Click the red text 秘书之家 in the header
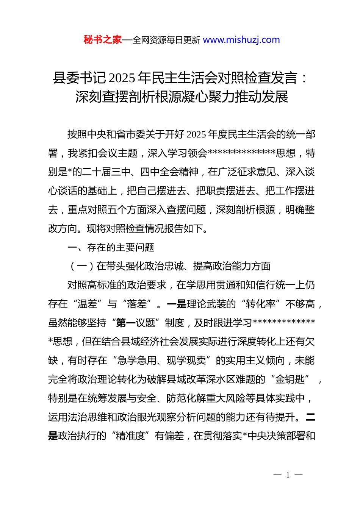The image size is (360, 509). pos(102,40)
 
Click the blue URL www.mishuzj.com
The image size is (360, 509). pos(241,40)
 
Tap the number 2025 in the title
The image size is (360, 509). pos(122,78)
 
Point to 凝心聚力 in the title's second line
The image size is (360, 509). pos(208,97)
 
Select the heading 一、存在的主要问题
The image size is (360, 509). pos(111,247)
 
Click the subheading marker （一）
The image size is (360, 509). pos(82,266)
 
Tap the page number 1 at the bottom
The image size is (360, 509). pos(288,475)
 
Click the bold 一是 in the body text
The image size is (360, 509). pos(177,304)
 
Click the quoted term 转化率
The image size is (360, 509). pos(260,304)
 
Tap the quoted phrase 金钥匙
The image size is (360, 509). pos(290,379)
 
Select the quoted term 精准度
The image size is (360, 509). pos(130,436)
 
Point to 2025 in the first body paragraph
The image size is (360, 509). pos(196,134)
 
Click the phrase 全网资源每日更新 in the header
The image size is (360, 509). pos(166,40)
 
